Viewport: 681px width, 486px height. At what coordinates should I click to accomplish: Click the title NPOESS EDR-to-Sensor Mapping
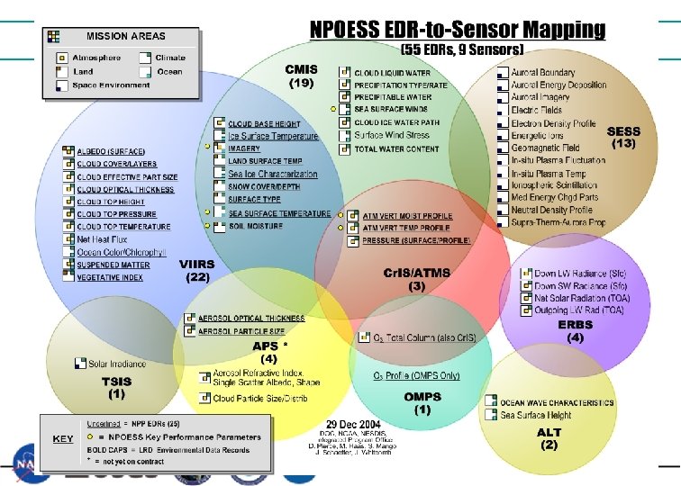pos(457,29)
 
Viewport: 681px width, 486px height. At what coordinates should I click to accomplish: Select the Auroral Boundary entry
pos(542,72)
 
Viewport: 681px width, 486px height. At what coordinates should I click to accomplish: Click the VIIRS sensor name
pos(197,265)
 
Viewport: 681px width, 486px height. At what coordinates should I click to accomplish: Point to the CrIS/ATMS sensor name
pos(417,273)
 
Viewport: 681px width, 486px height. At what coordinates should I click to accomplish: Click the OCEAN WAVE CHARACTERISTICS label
pos(558,402)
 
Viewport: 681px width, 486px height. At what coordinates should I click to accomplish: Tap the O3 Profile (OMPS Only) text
pos(416,375)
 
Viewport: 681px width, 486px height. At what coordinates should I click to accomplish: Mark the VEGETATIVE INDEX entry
pos(110,278)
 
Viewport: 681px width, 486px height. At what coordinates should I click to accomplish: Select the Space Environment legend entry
pos(113,85)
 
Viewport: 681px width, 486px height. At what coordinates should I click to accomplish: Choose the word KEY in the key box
pos(62,438)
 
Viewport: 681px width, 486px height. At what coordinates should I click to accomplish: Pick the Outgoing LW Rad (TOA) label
pos(578,310)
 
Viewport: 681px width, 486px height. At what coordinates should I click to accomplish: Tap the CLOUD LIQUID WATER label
pos(391,71)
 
